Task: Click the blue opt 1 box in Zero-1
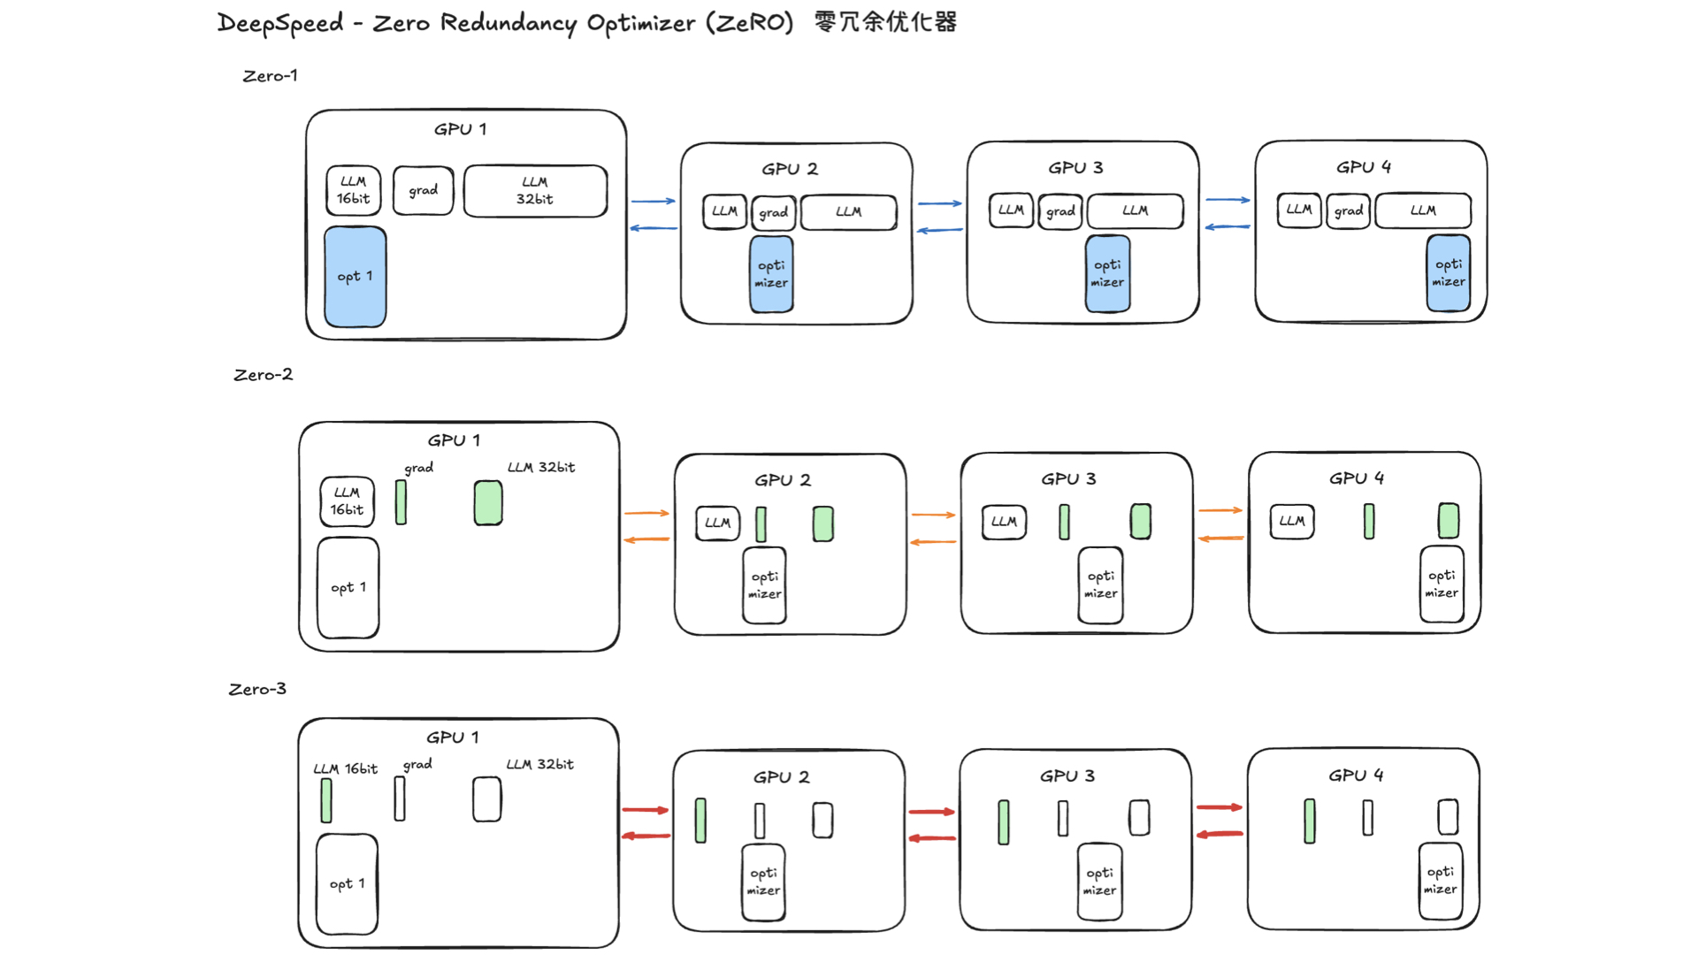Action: pyautogui.click(x=355, y=277)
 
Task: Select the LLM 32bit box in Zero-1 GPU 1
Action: pyautogui.click(x=535, y=191)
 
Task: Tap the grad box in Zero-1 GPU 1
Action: pyautogui.click(x=423, y=191)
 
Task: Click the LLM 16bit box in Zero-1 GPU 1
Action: pyautogui.click(x=353, y=191)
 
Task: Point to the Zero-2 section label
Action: pyautogui.click(x=263, y=375)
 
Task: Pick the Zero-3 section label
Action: pyautogui.click(x=257, y=689)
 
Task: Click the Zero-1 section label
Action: pyautogui.click(x=270, y=76)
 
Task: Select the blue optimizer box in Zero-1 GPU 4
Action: pyautogui.click(x=1448, y=273)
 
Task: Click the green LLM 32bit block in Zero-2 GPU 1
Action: pyautogui.click(x=488, y=503)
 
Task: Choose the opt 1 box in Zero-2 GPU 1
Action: pyautogui.click(x=348, y=588)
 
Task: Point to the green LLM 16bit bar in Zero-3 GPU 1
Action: pyautogui.click(x=326, y=800)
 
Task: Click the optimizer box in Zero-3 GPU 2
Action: pyautogui.click(x=763, y=882)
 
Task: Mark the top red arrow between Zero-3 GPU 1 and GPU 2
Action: pyautogui.click(x=646, y=810)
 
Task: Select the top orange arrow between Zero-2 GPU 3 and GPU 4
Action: pyautogui.click(x=1220, y=510)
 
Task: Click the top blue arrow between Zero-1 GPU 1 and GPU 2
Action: pyautogui.click(x=654, y=202)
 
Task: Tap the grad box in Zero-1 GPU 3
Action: pyautogui.click(x=1060, y=212)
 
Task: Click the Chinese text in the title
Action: pyautogui.click(x=885, y=22)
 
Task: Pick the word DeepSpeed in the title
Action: pyautogui.click(x=280, y=23)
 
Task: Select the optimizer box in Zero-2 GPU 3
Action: pyautogui.click(x=1100, y=585)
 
